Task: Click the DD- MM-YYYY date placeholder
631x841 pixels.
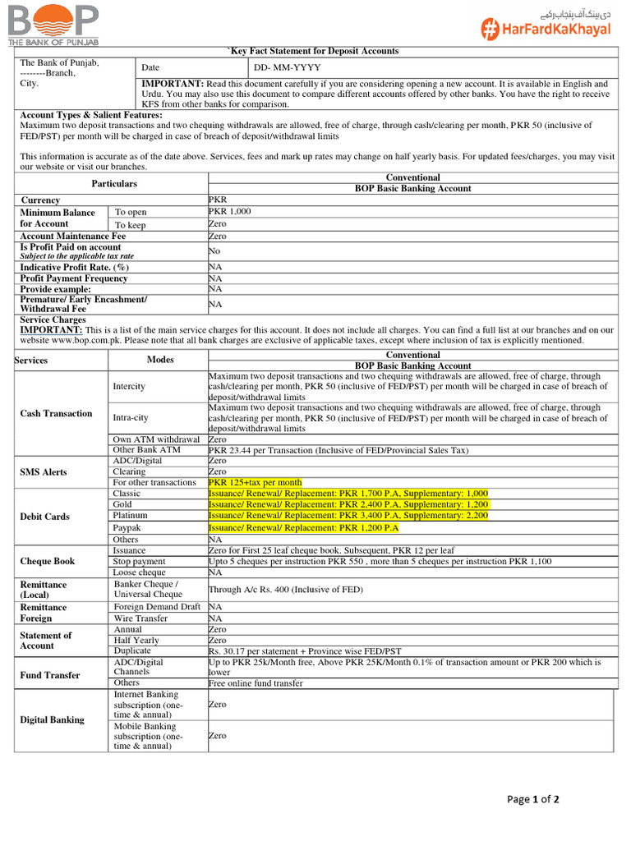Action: [x=287, y=67]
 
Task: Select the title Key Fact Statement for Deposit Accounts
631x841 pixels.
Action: [x=312, y=51]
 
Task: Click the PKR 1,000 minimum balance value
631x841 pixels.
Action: [x=230, y=211]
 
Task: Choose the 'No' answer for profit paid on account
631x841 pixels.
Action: [x=214, y=250]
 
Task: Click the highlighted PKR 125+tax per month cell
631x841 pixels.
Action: [x=255, y=482]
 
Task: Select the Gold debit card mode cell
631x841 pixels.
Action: [x=123, y=504]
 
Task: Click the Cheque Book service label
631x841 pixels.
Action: [x=47, y=561]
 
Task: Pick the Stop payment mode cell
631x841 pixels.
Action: [x=140, y=561]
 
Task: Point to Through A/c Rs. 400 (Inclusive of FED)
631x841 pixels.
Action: [x=285, y=589]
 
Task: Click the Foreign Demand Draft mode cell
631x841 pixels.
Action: [x=157, y=606]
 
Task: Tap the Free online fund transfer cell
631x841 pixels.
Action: [x=256, y=682]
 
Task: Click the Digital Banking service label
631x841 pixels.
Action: [x=52, y=719]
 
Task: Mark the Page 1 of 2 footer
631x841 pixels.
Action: [x=533, y=799]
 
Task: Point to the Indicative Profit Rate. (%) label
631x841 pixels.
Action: [x=75, y=267]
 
